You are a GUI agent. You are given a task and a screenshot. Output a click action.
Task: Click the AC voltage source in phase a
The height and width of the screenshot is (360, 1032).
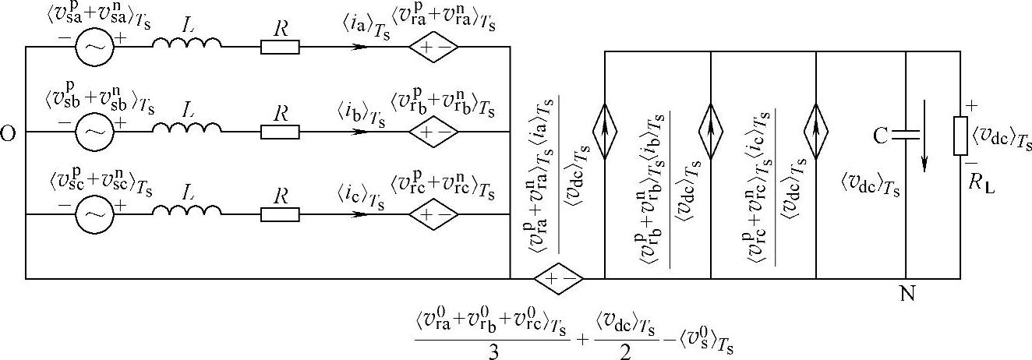coord(94,48)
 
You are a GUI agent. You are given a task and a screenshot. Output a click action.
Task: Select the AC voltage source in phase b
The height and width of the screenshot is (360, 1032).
coord(94,132)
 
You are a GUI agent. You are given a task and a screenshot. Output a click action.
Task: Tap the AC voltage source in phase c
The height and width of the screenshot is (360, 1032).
coord(94,211)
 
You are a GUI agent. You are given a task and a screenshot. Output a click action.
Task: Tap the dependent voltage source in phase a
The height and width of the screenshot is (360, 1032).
coord(433,48)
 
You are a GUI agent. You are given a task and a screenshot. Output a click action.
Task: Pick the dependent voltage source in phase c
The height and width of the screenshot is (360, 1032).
coord(433,211)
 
